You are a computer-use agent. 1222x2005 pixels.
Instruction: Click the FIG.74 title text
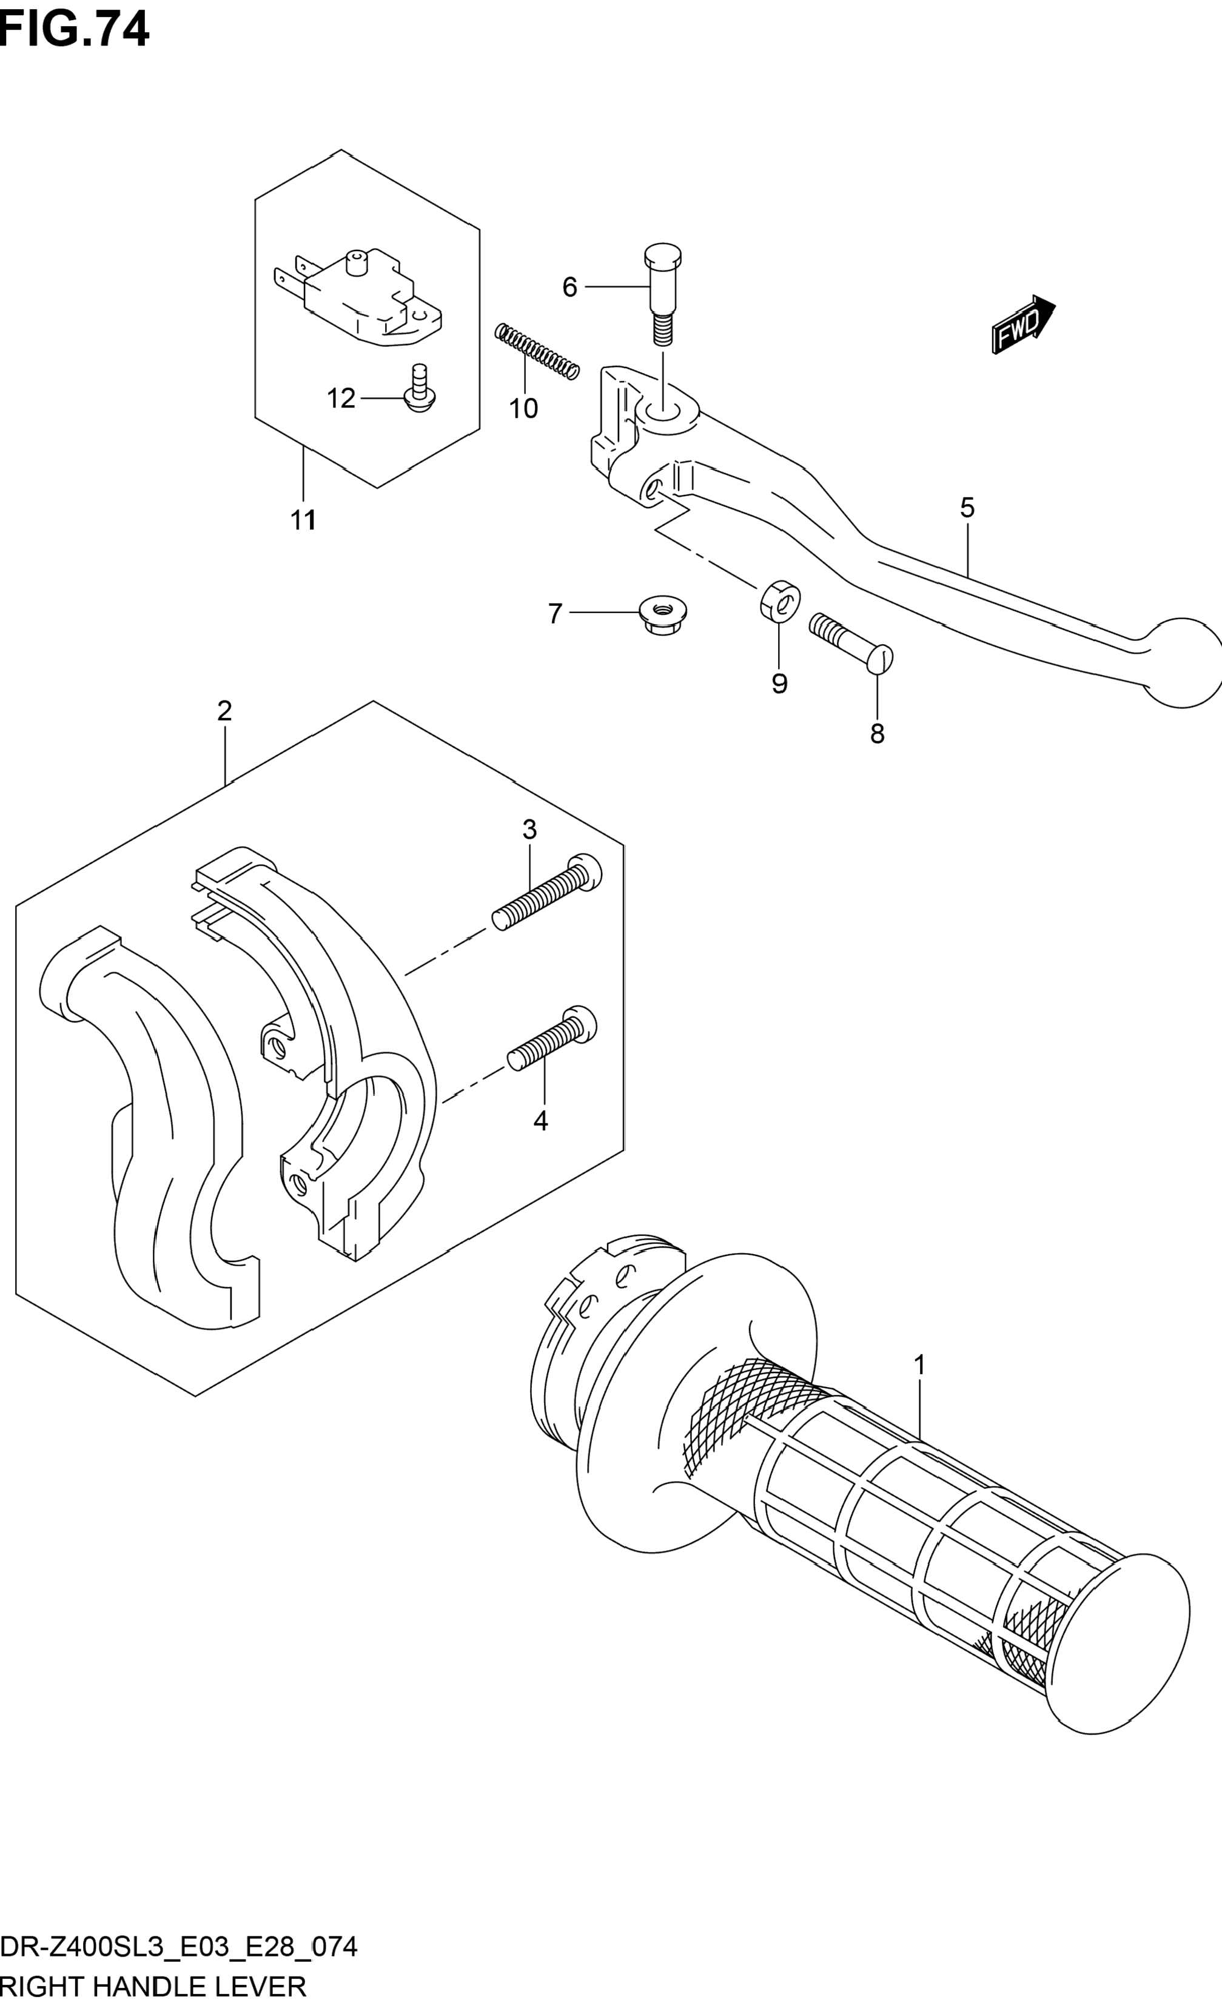(75, 30)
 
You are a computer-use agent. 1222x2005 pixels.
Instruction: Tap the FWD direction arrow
(1022, 323)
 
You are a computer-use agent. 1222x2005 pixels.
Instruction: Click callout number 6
(569, 287)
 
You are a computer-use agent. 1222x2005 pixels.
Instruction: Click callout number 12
(341, 398)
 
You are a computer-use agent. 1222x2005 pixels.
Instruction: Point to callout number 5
(967, 508)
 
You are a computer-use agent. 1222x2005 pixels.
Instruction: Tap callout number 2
(224, 711)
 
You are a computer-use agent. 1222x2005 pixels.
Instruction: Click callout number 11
(303, 520)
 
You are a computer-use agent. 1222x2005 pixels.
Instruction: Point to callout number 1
(919, 1365)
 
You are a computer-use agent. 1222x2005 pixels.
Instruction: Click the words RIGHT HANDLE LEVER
(153, 1986)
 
